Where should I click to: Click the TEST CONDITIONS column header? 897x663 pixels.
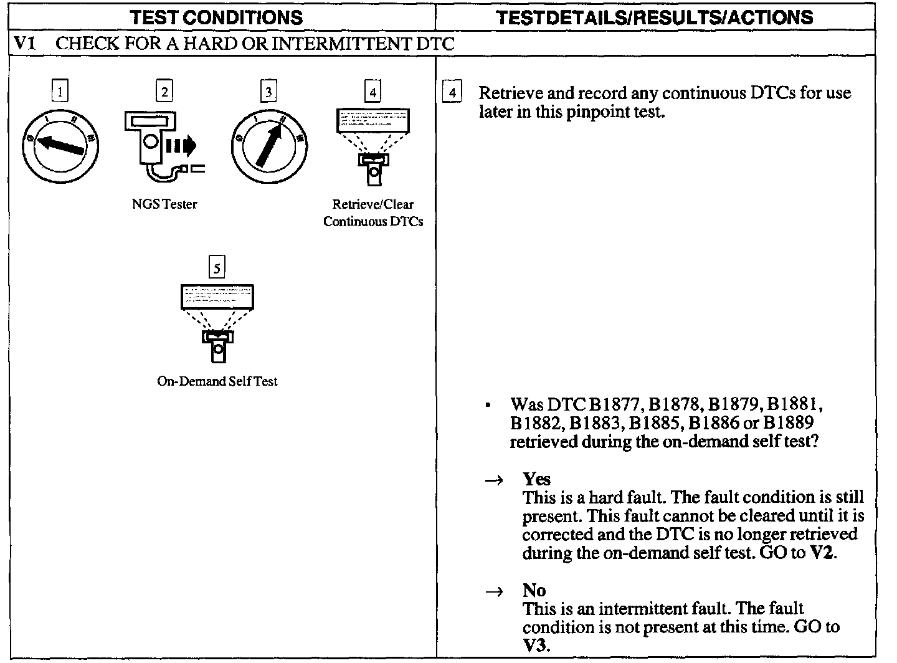[x=216, y=17]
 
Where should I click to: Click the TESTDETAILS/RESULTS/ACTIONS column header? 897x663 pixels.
[x=655, y=17]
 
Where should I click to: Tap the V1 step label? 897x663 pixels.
[x=26, y=44]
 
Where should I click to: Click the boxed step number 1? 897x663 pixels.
[x=59, y=92]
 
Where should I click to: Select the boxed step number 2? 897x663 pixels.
[x=164, y=92]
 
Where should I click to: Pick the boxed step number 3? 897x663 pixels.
[x=268, y=92]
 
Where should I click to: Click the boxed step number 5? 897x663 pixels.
[x=217, y=268]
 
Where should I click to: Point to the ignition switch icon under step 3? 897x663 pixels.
[x=268, y=146]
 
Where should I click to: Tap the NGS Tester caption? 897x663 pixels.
[x=164, y=204]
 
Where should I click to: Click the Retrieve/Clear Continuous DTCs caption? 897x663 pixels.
[x=373, y=212]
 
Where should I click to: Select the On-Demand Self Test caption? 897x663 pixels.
[x=217, y=381]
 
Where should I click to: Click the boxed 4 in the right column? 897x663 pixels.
[x=452, y=93]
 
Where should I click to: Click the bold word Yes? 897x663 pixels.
[x=536, y=479]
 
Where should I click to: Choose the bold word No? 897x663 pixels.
[x=534, y=590]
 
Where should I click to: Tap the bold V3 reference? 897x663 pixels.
[x=536, y=645]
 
